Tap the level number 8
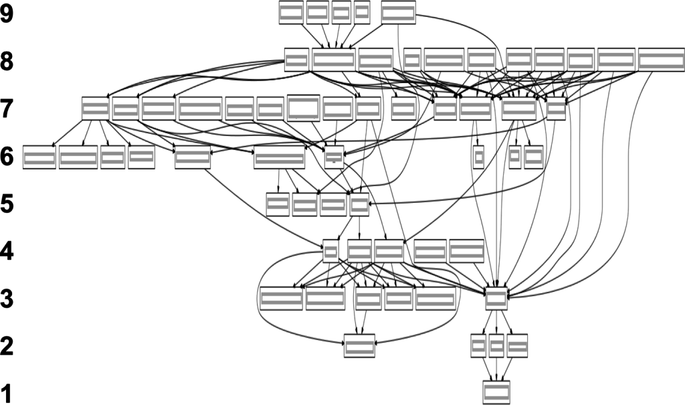point(7,62)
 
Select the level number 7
point(7,108)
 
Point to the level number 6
point(7,157)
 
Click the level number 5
point(7,204)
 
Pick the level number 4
point(7,252)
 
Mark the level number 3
point(7,299)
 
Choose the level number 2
point(7,347)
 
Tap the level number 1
point(7,394)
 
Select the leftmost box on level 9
point(292,13)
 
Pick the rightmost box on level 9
point(399,13)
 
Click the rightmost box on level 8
point(661,60)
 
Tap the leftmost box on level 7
point(95,108)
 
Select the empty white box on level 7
point(303,108)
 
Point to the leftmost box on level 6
point(39,157)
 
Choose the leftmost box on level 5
point(278,204)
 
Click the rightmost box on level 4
point(466,252)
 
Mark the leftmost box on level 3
point(282,299)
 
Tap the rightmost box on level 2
point(517,346)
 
